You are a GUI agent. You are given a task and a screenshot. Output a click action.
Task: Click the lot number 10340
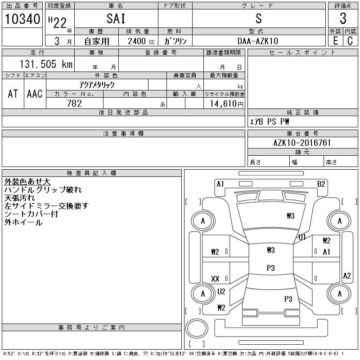click(22, 19)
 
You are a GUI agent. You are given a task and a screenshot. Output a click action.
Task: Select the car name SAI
click(116, 18)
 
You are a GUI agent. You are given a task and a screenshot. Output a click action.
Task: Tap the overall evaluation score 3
click(343, 18)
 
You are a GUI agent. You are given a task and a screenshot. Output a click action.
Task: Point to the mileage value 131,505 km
click(46, 64)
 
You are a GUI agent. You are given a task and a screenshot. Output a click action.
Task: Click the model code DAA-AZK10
click(257, 41)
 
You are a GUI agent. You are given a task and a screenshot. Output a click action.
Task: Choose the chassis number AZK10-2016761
click(302, 143)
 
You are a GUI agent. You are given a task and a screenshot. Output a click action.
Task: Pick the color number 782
click(74, 103)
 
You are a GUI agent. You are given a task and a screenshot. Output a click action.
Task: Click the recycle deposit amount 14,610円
click(227, 104)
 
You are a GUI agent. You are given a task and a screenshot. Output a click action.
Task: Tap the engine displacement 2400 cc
click(141, 41)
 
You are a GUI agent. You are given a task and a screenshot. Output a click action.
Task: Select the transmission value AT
click(13, 94)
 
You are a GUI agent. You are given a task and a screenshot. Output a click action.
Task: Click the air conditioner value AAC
click(35, 94)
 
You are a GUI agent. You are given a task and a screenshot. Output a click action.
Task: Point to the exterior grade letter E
click(335, 41)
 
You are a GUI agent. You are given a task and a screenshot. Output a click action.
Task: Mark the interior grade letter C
click(350, 41)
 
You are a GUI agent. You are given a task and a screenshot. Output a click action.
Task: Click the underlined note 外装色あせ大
click(27, 182)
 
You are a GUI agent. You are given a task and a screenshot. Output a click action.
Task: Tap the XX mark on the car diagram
click(215, 279)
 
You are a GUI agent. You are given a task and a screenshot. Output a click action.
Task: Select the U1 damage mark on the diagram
click(302, 237)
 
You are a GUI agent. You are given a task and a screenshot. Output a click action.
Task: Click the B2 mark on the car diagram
click(321, 184)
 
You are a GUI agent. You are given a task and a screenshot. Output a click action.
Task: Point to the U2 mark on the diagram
click(221, 292)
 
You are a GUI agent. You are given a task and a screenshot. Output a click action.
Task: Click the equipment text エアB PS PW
click(269, 121)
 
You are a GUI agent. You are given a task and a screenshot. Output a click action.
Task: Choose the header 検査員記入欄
click(91, 173)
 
